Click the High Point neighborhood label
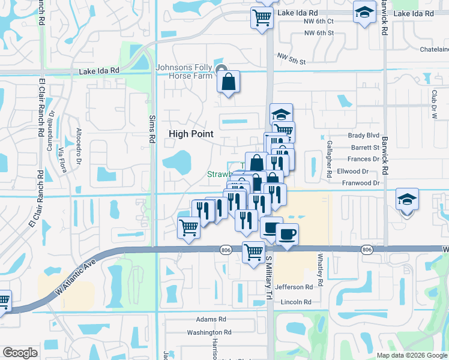190,134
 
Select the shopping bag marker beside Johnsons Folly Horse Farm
229,82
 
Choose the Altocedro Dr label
79,140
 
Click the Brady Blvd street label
364,136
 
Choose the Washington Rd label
209,332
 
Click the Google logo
20,353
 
